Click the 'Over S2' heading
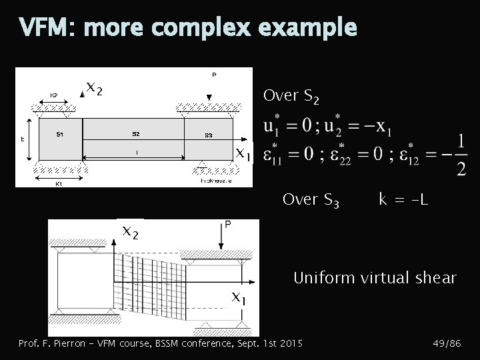coord(292,97)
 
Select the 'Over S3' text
coord(311,199)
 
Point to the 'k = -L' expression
coord(403,199)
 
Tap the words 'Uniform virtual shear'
coord(375,277)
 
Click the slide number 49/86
coord(447,343)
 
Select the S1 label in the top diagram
coord(60,134)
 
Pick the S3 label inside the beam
coord(208,135)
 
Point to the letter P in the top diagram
coord(214,75)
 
